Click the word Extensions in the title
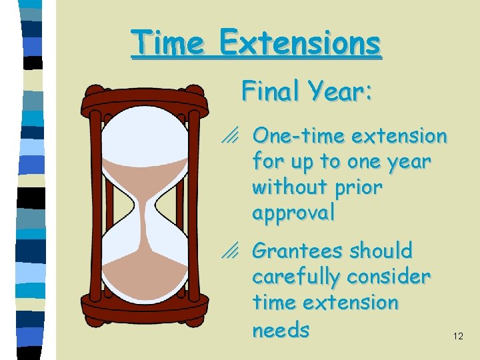pyautogui.click(x=300, y=44)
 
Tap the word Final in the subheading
pyautogui.click(x=270, y=91)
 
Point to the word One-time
pyautogui.click(x=299, y=137)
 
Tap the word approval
pyautogui.click(x=293, y=213)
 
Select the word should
pyautogui.click(x=381, y=251)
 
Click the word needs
pyautogui.click(x=281, y=329)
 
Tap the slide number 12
pyautogui.click(x=458, y=337)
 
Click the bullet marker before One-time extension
pyautogui.click(x=232, y=137)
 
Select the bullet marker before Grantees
pyautogui.click(x=232, y=252)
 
